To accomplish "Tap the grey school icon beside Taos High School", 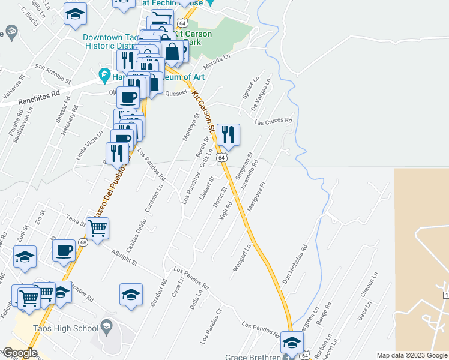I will point(107,327).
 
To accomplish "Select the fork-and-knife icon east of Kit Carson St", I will point(228,134).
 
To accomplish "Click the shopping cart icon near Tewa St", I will point(97,228).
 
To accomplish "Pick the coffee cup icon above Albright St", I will point(64,251).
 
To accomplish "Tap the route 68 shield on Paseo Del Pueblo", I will point(83,242).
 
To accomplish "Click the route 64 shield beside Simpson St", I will point(222,157).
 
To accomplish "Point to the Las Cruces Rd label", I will point(273,121).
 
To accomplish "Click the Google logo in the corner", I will point(19,352).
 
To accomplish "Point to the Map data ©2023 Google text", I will point(412,355).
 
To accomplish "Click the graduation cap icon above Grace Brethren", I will point(292,342).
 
